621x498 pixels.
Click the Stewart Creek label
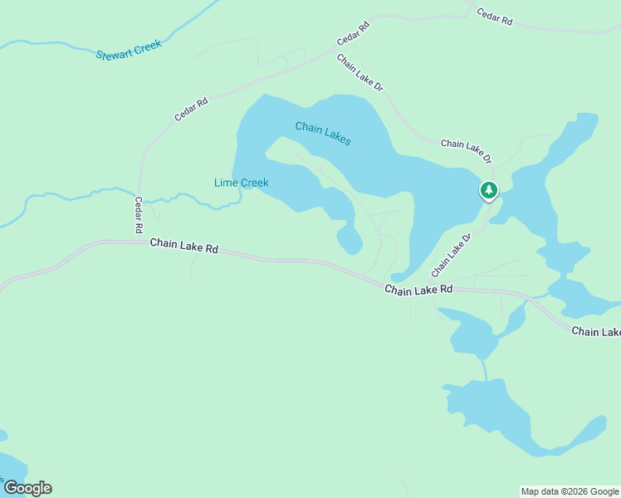[x=128, y=51]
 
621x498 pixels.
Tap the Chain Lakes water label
[x=323, y=134]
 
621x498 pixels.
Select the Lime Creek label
[x=242, y=183]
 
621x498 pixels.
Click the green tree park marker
[x=489, y=191]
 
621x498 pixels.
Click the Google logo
[x=27, y=488]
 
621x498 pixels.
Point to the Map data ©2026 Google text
[x=569, y=491]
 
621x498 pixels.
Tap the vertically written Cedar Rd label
[x=139, y=214]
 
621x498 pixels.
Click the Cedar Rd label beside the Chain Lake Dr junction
[x=353, y=34]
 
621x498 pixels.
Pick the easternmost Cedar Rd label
[x=494, y=17]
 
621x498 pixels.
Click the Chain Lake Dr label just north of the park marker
[x=467, y=150]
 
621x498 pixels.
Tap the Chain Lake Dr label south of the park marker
[x=451, y=255]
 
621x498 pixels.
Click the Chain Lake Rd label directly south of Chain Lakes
[x=418, y=289]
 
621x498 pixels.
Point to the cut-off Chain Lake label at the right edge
[x=595, y=332]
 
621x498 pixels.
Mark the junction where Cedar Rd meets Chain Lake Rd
[x=139, y=242]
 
